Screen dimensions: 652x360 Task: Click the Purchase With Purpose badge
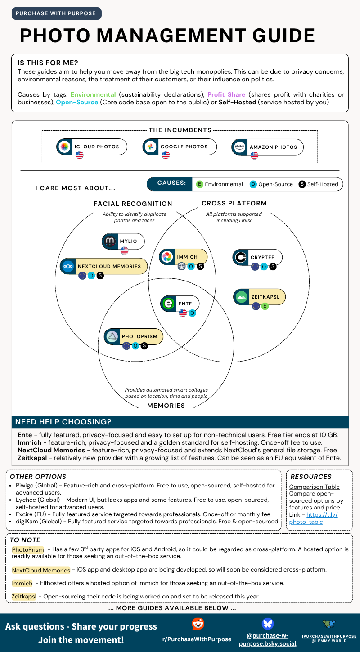click(56, 13)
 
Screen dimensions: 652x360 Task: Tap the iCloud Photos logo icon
click(65, 147)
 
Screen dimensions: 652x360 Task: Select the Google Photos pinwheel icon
click(151, 147)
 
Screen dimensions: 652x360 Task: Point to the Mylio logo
click(110, 241)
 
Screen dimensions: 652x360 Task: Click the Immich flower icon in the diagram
click(167, 257)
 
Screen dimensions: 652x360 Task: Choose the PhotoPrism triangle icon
click(112, 336)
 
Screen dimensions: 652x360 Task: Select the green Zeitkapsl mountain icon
click(242, 297)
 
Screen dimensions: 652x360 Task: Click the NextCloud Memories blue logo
click(68, 266)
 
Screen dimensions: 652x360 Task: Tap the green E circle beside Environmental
click(199, 184)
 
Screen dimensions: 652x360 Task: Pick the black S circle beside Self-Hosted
click(302, 184)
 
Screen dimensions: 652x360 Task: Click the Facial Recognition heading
click(133, 204)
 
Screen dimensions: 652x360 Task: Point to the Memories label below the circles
click(166, 406)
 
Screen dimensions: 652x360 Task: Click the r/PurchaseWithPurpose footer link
click(197, 639)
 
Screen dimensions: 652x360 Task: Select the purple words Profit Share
click(226, 94)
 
